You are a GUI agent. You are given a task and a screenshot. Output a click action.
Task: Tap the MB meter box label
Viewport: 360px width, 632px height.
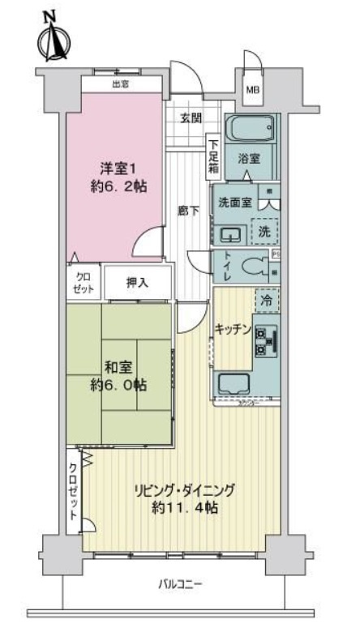(254, 90)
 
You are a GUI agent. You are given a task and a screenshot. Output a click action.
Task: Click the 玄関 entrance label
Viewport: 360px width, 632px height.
(191, 119)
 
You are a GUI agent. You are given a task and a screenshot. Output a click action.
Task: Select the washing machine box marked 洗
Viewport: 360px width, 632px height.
(264, 230)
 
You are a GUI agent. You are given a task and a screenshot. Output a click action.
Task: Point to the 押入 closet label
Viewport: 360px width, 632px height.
(137, 283)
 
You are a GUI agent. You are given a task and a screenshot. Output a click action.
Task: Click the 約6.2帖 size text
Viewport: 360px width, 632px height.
(114, 186)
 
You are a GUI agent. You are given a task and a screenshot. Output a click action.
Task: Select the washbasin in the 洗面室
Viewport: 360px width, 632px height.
(231, 234)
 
